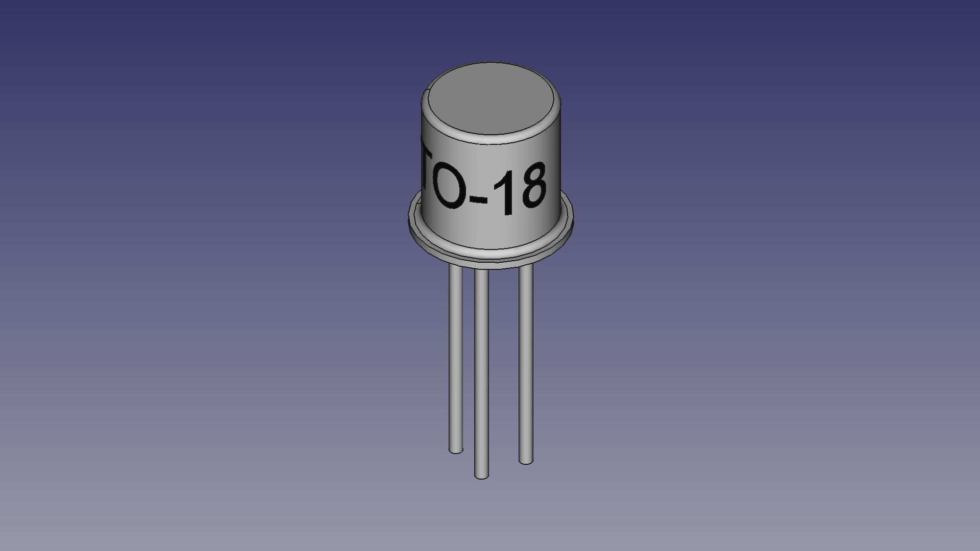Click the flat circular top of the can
pyautogui.click(x=490, y=100)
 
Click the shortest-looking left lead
pyautogui.click(x=456, y=357)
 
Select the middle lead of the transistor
pyautogui.click(x=481, y=372)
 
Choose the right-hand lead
pyautogui.click(x=526, y=365)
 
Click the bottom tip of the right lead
pyautogui.click(x=526, y=461)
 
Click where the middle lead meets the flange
pyautogui.click(x=481, y=270)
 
